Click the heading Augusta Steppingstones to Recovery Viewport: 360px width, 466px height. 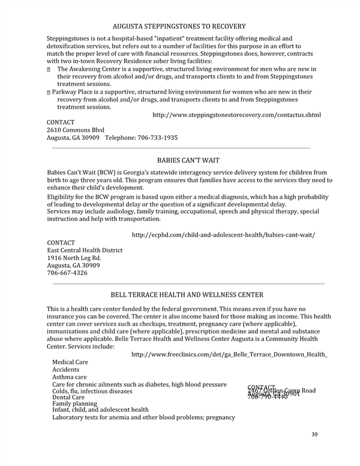pyautogui.click(x=179, y=26)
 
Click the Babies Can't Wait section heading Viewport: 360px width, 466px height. pyautogui.click(x=188, y=160)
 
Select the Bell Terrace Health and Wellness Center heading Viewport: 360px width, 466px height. pyautogui.click(x=187, y=294)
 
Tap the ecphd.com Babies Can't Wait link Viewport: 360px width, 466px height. pyautogui.click(x=223, y=234)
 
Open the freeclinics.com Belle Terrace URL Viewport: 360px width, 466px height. pyautogui.click(x=229, y=354)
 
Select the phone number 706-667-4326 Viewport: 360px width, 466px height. pyautogui.click(x=67, y=273)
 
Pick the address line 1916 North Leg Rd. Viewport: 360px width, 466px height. pyautogui.click(x=74, y=258)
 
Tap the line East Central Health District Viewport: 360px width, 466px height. pyautogui.click(x=85, y=250)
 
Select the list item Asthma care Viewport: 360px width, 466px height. pyautogui.click(x=70, y=377)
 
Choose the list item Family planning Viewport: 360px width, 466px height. pyautogui.click(x=74, y=404)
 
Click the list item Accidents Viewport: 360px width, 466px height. pyautogui.click(x=67, y=370)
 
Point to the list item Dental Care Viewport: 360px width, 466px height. pyautogui.click(x=68, y=397)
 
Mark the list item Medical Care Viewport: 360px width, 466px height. pyautogui.click(x=70, y=362)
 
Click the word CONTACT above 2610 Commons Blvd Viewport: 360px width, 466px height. pyautogui.click(x=61, y=122)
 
